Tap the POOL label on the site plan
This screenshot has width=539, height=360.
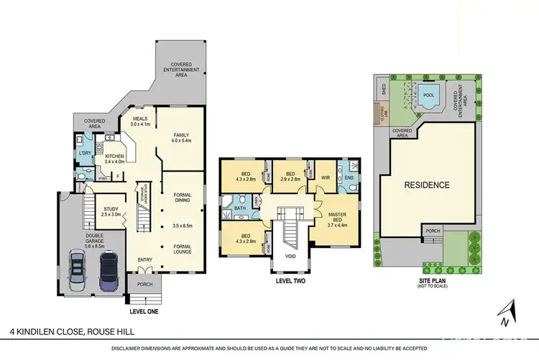[428, 94]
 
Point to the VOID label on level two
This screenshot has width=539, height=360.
[291, 255]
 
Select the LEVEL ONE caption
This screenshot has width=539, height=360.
[144, 312]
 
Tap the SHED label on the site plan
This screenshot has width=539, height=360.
[384, 88]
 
